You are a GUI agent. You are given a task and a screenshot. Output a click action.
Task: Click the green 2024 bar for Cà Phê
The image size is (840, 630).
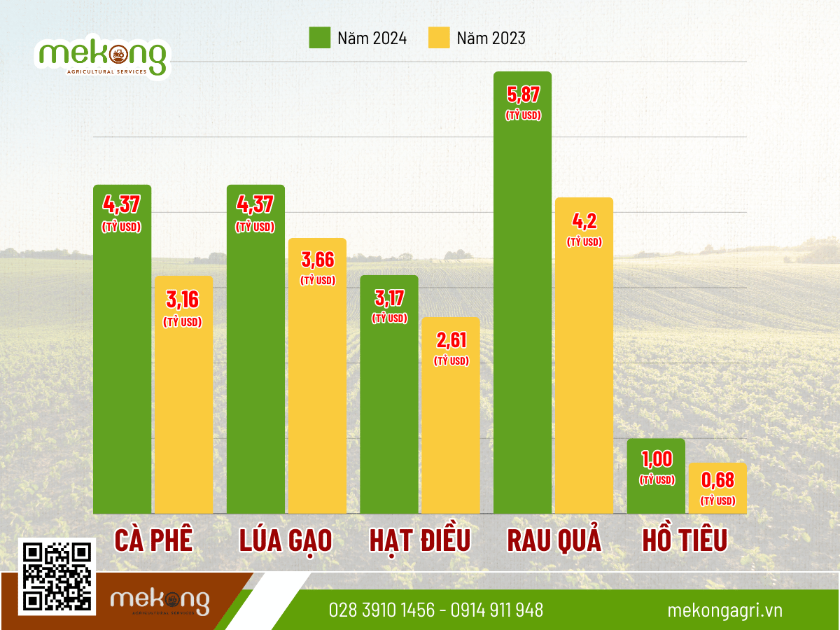pyautogui.click(x=122, y=364)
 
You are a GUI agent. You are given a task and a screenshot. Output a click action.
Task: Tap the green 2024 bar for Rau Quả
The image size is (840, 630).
pyautogui.click(x=522, y=315)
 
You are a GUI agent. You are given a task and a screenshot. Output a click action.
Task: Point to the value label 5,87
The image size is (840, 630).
pyautogui.click(x=523, y=94)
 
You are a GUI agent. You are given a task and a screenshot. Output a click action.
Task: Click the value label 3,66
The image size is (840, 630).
pyautogui.click(x=318, y=260)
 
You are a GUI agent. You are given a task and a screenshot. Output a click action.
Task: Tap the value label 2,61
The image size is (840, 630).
pyautogui.click(x=451, y=341)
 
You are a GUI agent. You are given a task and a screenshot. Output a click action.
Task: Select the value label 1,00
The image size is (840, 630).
pyautogui.click(x=657, y=459)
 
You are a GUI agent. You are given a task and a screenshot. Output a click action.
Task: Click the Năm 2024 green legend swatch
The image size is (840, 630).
pyautogui.click(x=320, y=38)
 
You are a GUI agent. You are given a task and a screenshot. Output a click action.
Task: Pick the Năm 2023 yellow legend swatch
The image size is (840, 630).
pyautogui.click(x=439, y=38)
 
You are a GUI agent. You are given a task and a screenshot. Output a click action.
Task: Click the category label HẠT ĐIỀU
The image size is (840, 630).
pyautogui.click(x=420, y=540)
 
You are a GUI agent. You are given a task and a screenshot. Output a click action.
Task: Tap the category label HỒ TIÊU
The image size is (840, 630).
pyautogui.click(x=685, y=540)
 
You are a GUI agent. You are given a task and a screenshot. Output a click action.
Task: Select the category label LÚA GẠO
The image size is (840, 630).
pyautogui.click(x=286, y=540)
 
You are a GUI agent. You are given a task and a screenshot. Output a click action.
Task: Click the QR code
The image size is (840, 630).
pyautogui.click(x=58, y=576)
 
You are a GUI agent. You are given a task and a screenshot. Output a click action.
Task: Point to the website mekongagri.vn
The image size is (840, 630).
pyautogui.click(x=724, y=610)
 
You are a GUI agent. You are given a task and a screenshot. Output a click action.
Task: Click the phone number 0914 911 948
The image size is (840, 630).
pyautogui.click(x=497, y=610)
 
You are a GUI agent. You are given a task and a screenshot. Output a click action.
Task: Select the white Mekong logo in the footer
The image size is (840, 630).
pyautogui.click(x=160, y=602)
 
